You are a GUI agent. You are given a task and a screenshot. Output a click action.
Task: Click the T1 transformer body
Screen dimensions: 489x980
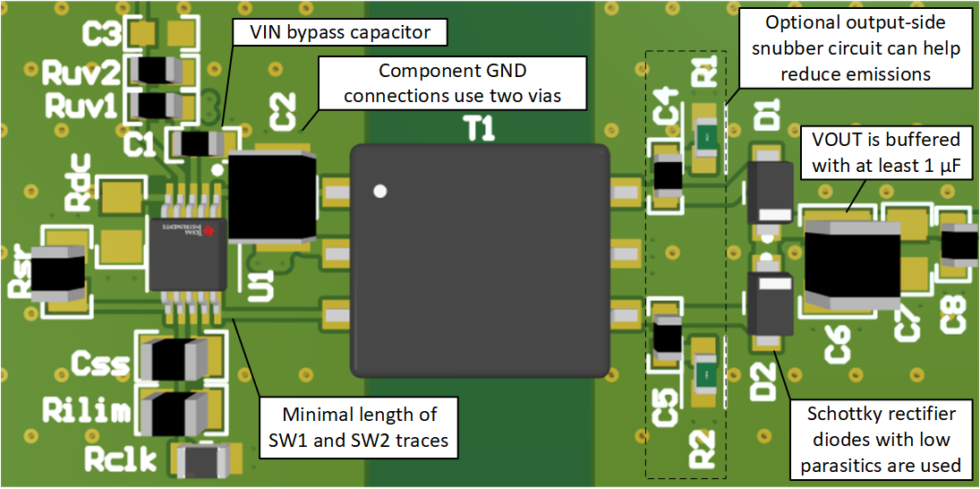click(479, 260)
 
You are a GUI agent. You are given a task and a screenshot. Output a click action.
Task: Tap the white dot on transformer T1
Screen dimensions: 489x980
click(380, 191)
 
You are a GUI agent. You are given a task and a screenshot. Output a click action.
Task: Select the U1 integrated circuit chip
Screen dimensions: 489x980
click(187, 254)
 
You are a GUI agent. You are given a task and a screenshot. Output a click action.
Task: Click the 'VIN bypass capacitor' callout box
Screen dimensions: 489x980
click(338, 33)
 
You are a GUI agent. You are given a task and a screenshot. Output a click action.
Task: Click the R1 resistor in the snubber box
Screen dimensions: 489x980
click(705, 137)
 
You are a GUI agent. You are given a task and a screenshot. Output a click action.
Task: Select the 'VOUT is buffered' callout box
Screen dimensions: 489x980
click(884, 153)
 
